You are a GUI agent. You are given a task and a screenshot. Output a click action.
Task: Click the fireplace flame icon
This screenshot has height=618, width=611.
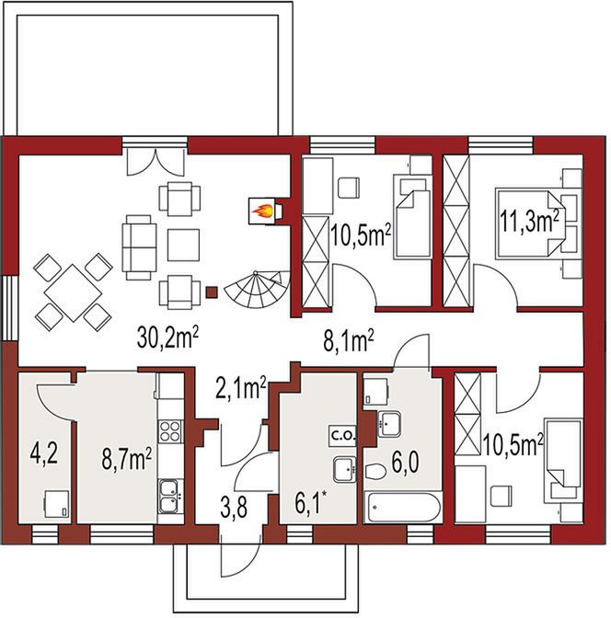262,212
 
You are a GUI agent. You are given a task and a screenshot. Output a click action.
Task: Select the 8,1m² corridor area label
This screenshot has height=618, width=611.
349,340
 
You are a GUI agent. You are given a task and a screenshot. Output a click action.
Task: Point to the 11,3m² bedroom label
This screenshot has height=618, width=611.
530,221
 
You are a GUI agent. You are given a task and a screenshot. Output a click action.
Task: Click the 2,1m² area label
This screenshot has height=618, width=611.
241,388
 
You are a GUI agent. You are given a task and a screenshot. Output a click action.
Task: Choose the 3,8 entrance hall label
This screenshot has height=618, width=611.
234,507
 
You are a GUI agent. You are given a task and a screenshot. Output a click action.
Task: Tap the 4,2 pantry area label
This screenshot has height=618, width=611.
44,454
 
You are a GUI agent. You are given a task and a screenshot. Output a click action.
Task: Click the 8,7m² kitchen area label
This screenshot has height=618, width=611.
127,460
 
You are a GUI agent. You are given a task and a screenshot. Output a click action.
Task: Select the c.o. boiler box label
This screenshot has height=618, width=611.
343,436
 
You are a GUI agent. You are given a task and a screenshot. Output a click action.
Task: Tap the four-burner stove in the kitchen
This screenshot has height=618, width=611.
170,430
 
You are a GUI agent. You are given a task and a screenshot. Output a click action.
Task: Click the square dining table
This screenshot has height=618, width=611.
73,292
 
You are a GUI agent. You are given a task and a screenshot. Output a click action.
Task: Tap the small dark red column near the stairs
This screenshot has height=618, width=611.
212,292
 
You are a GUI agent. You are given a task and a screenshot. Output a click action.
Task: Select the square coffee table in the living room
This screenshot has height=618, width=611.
183,245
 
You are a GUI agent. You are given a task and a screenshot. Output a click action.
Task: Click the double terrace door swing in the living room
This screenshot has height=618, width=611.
156,163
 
